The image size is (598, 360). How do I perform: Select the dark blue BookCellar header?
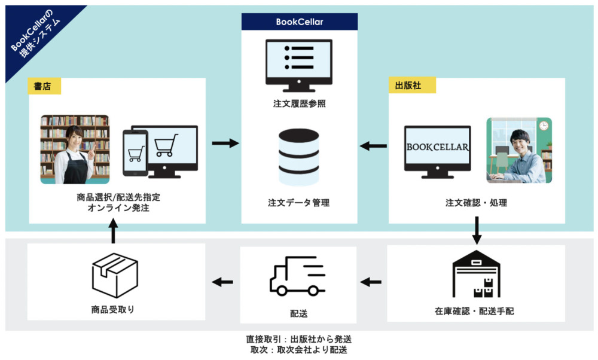click(x=300, y=22)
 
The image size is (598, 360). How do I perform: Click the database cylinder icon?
click(x=299, y=156)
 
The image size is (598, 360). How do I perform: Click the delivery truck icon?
click(x=297, y=279)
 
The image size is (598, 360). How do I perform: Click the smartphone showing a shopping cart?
click(x=135, y=153)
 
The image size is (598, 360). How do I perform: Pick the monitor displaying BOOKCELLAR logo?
click(x=438, y=151)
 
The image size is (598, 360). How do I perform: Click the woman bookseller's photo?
click(x=75, y=149)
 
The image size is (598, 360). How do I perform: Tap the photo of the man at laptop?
click(x=518, y=150)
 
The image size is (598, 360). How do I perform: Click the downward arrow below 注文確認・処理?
click(x=477, y=230)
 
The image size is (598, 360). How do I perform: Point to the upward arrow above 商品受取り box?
click(x=114, y=230)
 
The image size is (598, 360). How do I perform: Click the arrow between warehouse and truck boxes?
click(x=372, y=282)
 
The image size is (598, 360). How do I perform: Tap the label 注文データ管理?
click(x=299, y=203)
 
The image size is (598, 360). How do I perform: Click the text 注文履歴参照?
click(x=299, y=104)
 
